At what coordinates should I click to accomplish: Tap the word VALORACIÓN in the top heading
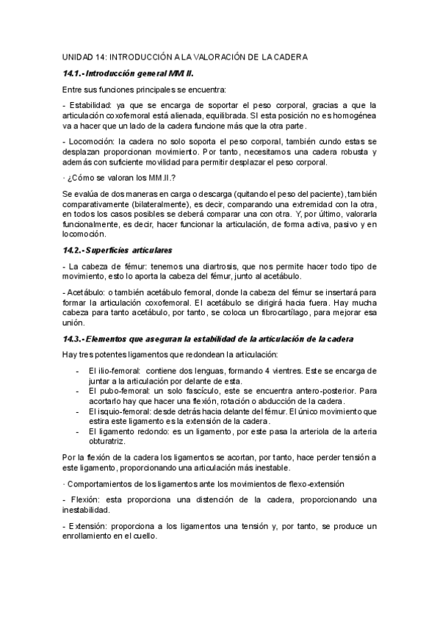[218, 57]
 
